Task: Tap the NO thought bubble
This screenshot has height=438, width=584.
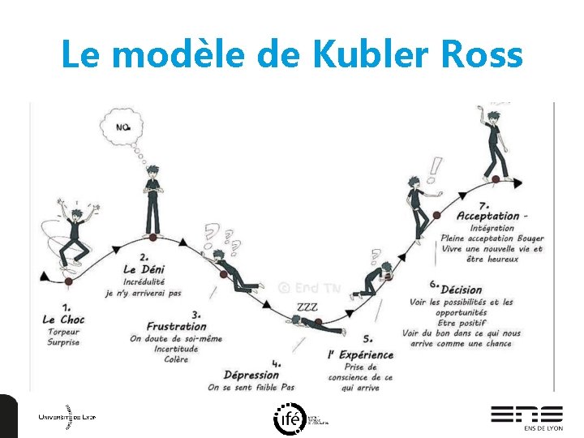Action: click(123, 127)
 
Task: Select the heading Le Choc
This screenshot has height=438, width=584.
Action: click(63, 320)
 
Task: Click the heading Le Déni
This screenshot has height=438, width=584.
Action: click(141, 269)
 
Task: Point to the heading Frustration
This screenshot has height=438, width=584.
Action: click(176, 327)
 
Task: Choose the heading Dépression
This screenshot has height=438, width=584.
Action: click(252, 375)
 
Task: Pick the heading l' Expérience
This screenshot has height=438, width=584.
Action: click(360, 354)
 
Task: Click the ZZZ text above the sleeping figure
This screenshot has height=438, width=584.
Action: click(307, 307)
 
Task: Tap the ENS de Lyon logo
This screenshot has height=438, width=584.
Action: click(526, 416)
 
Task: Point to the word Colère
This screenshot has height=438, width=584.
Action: click(175, 360)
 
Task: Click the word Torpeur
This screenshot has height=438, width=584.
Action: click(63, 332)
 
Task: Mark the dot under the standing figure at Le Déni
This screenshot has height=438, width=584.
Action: click(152, 238)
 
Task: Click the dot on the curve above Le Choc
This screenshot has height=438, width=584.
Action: click(69, 281)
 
